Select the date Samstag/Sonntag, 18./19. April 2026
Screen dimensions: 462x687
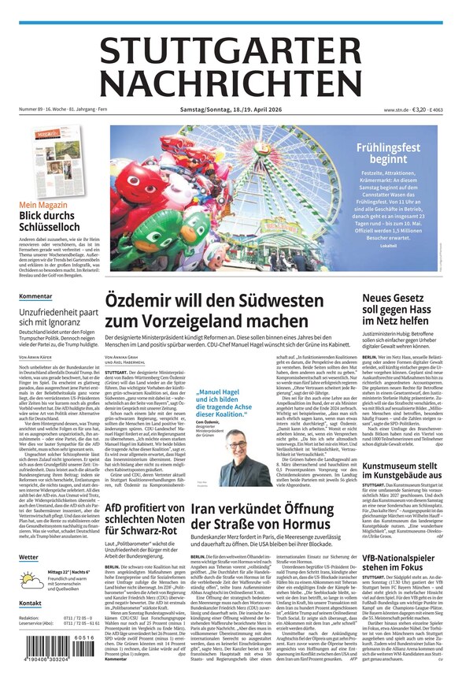(x=230, y=110)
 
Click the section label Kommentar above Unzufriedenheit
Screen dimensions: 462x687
(x=35, y=297)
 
